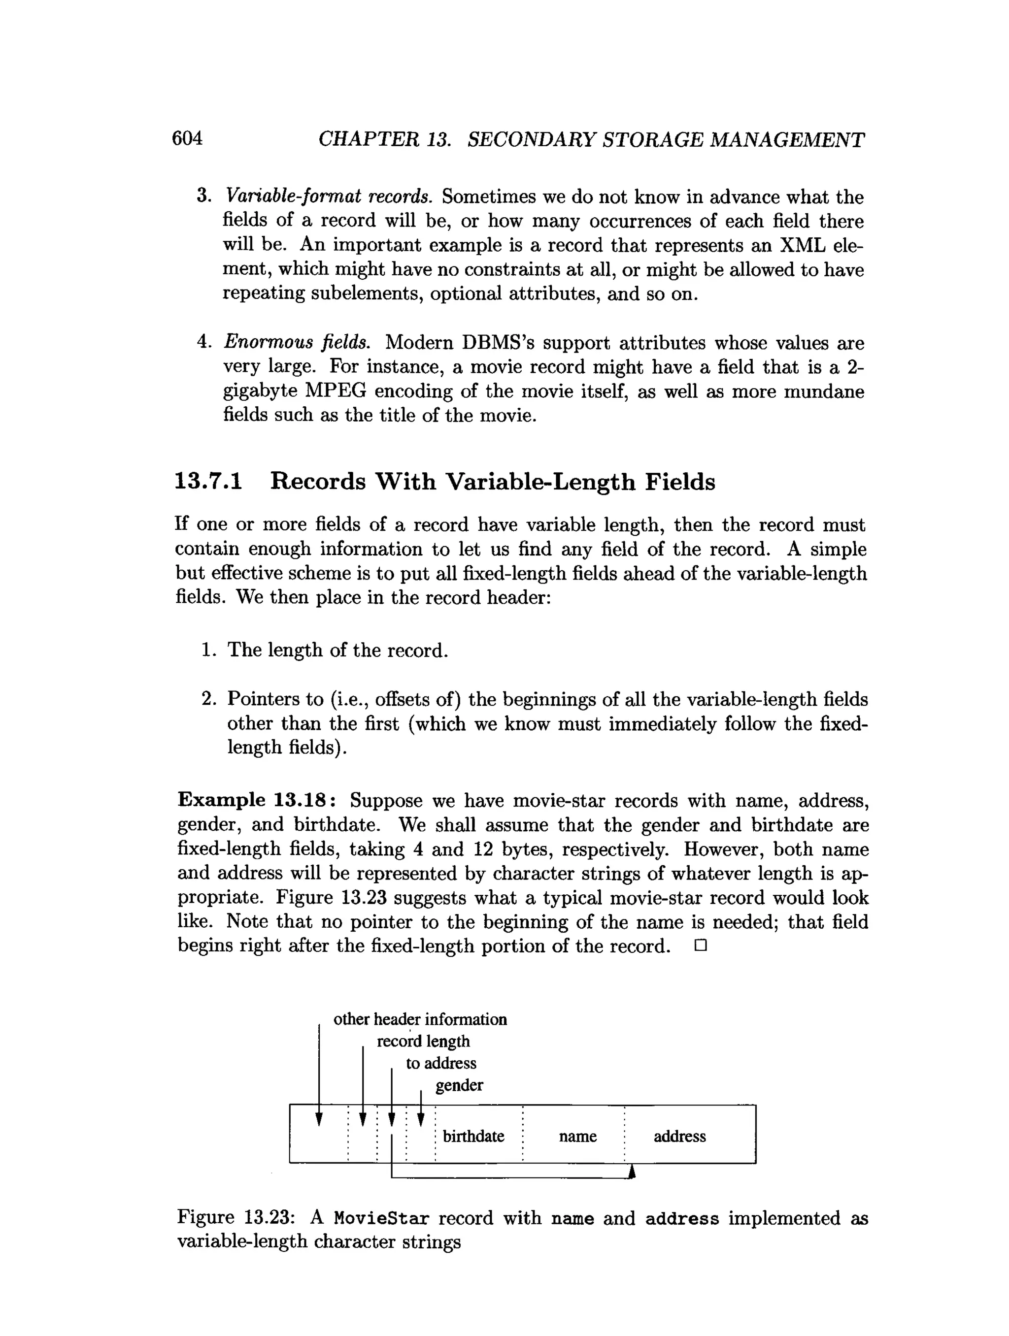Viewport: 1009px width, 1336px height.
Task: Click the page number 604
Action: (x=187, y=138)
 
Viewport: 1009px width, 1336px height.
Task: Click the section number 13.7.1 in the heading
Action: (x=208, y=482)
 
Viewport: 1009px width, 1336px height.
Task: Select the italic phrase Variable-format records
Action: (x=328, y=196)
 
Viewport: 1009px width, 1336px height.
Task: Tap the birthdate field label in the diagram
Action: (x=473, y=1136)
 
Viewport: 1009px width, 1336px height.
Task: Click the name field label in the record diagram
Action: (x=577, y=1136)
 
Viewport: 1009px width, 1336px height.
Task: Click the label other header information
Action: (x=420, y=1019)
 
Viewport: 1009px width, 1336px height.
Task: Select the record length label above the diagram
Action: (x=423, y=1041)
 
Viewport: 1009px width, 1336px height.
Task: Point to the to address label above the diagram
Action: (x=441, y=1063)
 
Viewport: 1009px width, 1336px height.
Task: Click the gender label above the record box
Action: (x=459, y=1085)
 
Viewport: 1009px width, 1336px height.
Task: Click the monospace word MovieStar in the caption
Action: (x=382, y=1218)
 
